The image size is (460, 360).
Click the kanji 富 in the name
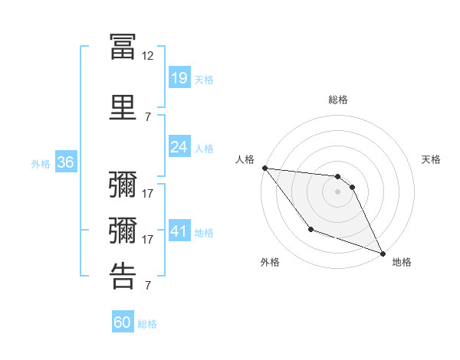123,46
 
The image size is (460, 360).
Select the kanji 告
123,275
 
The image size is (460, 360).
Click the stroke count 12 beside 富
148,56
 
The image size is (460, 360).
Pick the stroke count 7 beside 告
148,286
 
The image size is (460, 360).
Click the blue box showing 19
179,77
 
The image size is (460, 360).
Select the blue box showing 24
179,147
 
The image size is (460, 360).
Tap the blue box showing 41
179,231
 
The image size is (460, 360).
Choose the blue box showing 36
65,162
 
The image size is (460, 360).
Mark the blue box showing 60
123,323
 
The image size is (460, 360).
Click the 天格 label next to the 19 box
204,79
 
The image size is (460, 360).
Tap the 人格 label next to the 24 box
204,149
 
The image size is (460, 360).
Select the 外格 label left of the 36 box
41,163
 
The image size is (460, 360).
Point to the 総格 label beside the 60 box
148,324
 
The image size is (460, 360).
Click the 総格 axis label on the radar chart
338,100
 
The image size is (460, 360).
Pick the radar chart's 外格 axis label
270,262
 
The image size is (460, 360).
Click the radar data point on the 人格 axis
264,168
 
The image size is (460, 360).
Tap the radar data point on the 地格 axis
383,254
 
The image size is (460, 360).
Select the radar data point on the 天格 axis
352,186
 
